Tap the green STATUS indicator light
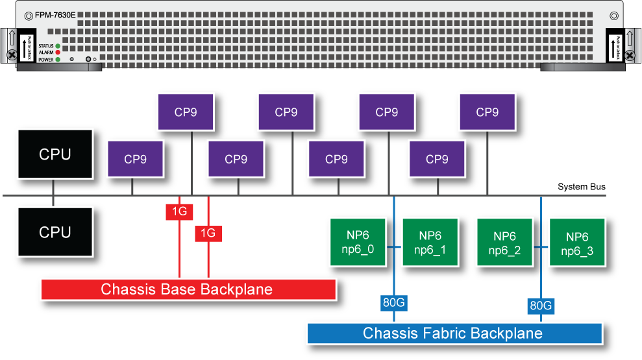pos(58,46)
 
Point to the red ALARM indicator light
pos(58,53)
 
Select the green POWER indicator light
pos(58,59)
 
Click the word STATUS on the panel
pos(45,46)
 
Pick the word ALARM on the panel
pos(45,53)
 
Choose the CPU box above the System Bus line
pos(55,154)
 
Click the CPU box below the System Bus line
pos(55,232)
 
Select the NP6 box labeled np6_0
pos(358,243)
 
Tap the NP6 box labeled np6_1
pos(430,243)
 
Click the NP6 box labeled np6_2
pos(504,243)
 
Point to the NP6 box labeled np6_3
pos(577,243)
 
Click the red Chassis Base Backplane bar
pos(188,289)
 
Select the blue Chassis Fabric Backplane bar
pos(454,333)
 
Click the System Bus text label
pos(582,187)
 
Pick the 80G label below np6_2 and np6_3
pos(541,305)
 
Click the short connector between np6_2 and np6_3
pos(541,247)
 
